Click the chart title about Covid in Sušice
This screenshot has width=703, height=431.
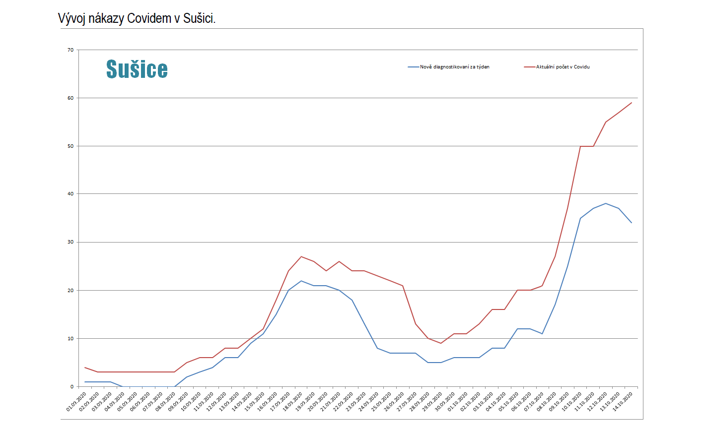(x=137, y=18)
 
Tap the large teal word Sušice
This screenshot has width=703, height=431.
(x=137, y=69)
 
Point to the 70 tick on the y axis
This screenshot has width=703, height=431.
(x=70, y=50)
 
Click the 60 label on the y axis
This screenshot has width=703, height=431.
(x=70, y=98)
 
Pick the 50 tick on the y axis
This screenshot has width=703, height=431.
(x=70, y=146)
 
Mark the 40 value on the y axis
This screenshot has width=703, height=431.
(x=70, y=194)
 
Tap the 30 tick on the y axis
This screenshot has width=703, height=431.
(x=70, y=242)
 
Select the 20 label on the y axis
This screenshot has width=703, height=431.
(x=70, y=291)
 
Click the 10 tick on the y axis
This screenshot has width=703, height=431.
(x=70, y=339)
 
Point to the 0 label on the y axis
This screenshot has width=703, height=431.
(x=72, y=387)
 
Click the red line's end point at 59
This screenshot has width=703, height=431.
(x=632, y=103)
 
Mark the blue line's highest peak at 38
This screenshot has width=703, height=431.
(x=606, y=203)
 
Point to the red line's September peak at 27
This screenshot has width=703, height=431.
(x=301, y=256)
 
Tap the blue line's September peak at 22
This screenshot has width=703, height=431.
(x=301, y=281)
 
